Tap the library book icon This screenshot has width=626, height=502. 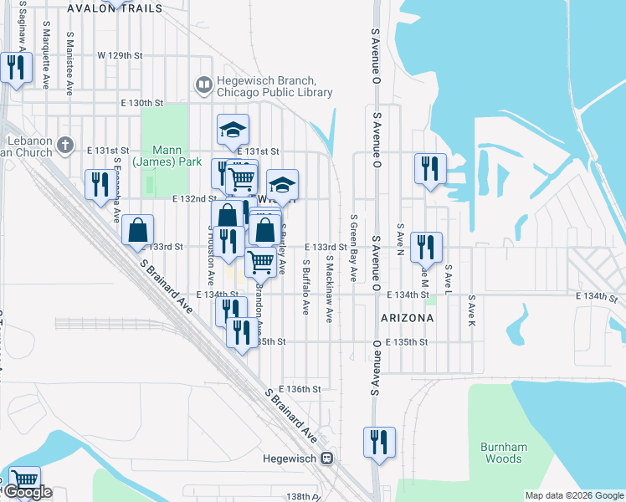(x=203, y=85)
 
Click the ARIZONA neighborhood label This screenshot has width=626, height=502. (x=407, y=318)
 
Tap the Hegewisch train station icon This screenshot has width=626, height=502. (x=328, y=458)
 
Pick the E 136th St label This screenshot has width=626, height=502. (x=300, y=389)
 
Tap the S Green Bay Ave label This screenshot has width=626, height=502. (x=353, y=247)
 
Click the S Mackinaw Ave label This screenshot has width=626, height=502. (x=329, y=289)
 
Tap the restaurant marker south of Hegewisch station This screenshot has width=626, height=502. (x=378, y=441)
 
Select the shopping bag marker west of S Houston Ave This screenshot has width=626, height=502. (x=137, y=229)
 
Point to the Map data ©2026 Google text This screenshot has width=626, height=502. (x=574, y=495)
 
